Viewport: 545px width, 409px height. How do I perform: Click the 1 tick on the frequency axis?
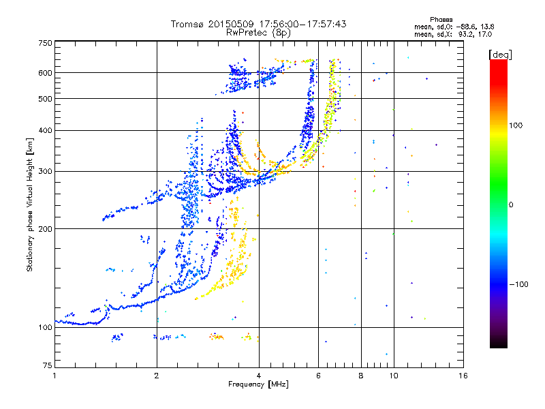54,376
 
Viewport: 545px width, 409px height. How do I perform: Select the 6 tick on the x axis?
319,376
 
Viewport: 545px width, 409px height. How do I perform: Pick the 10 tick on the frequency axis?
394,376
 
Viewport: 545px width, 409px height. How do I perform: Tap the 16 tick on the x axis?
463,376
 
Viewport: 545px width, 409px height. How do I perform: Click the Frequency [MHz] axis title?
258,384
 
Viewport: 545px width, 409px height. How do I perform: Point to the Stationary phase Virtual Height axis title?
30,205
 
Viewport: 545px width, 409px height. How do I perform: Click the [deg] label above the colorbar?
501,54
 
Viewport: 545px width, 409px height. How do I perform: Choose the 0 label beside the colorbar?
512,204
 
